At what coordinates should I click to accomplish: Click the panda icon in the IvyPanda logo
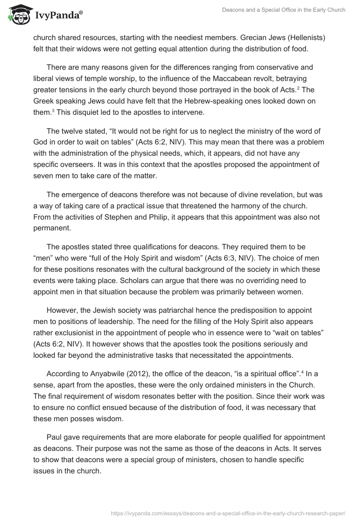pyautogui.click(x=18, y=16)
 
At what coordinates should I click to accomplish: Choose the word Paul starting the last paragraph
pyautogui.click(x=54, y=436)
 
